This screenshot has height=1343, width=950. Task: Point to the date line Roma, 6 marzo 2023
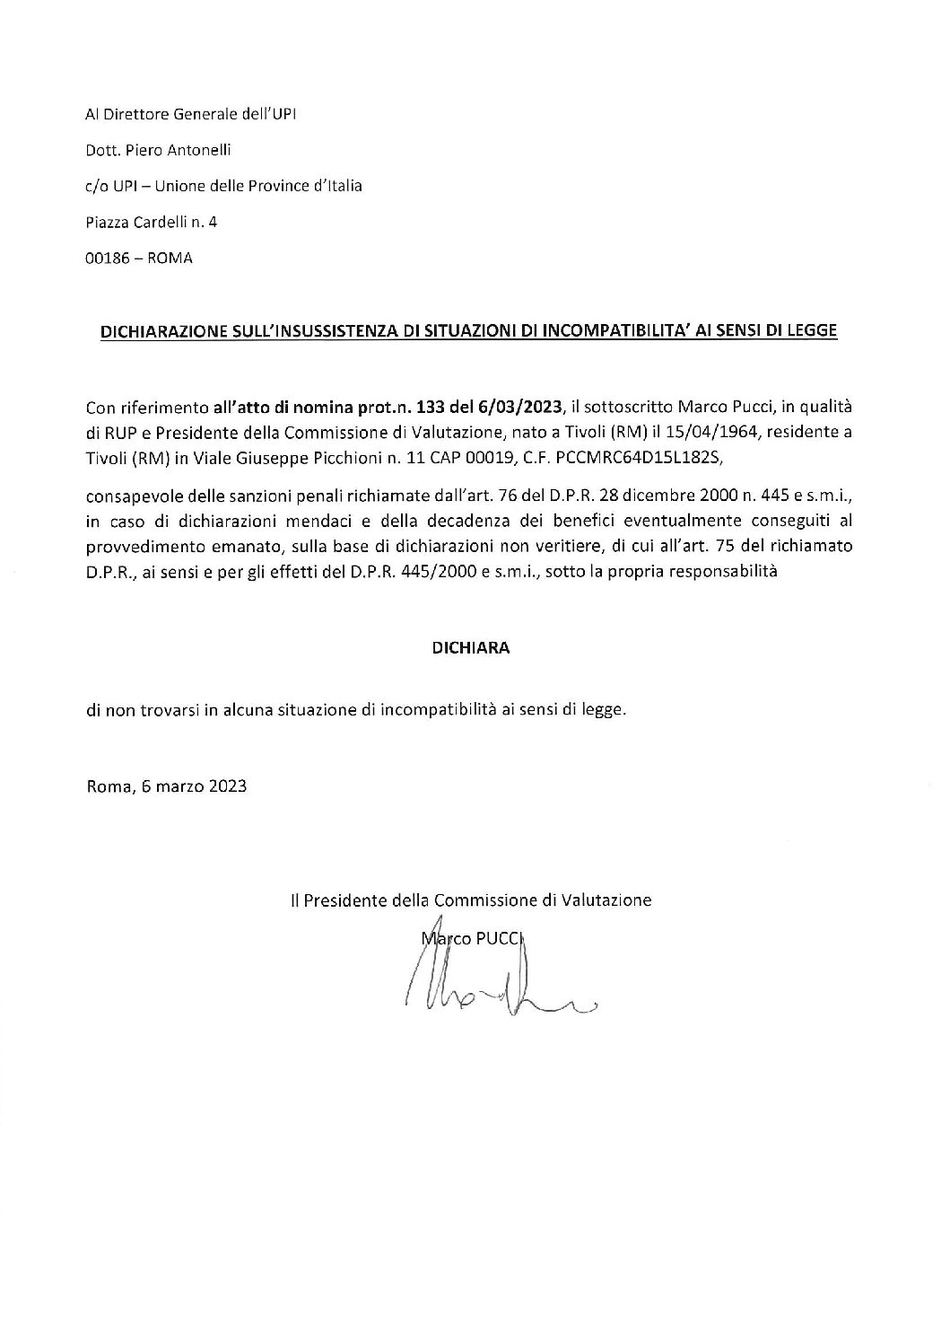[166, 786]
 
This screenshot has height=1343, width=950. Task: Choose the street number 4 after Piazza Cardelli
[213, 223]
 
